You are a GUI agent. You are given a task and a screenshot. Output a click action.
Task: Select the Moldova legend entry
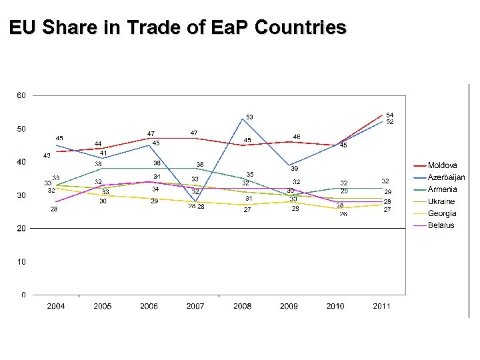click(442, 165)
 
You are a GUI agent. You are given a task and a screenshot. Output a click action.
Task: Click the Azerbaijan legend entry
click(446, 177)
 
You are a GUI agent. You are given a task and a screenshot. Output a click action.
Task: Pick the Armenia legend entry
click(442, 189)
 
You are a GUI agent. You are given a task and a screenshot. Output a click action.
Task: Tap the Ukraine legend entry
click(441, 201)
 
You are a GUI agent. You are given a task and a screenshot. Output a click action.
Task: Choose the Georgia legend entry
click(442, 213)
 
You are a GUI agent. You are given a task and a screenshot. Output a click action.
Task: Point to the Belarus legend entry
click(441, 225)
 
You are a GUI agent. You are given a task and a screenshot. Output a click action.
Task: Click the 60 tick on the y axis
click(21, 95)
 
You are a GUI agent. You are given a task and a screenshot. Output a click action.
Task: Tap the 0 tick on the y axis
click(23, 295)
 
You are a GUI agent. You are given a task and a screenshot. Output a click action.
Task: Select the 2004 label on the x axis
click(56, 306)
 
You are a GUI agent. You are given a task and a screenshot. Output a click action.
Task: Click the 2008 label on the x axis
click(242, 306)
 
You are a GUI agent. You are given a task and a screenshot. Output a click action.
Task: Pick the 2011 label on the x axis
click(381, 306)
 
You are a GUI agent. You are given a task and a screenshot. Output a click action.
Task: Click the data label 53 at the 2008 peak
click(249, 117)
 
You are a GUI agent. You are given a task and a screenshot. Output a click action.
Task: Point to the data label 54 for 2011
click(389, 115)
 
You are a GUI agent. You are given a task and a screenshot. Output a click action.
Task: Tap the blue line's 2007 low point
click(196, 201)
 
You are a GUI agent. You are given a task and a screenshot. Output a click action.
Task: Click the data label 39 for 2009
click(294, 169)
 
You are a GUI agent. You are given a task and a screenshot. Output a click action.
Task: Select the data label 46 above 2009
click(296, 136)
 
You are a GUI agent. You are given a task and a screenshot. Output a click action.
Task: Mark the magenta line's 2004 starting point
click(56, 201)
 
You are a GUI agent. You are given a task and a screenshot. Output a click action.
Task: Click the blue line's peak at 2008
click(243, 119)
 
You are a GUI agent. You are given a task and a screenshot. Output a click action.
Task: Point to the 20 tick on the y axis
click(21, 228)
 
